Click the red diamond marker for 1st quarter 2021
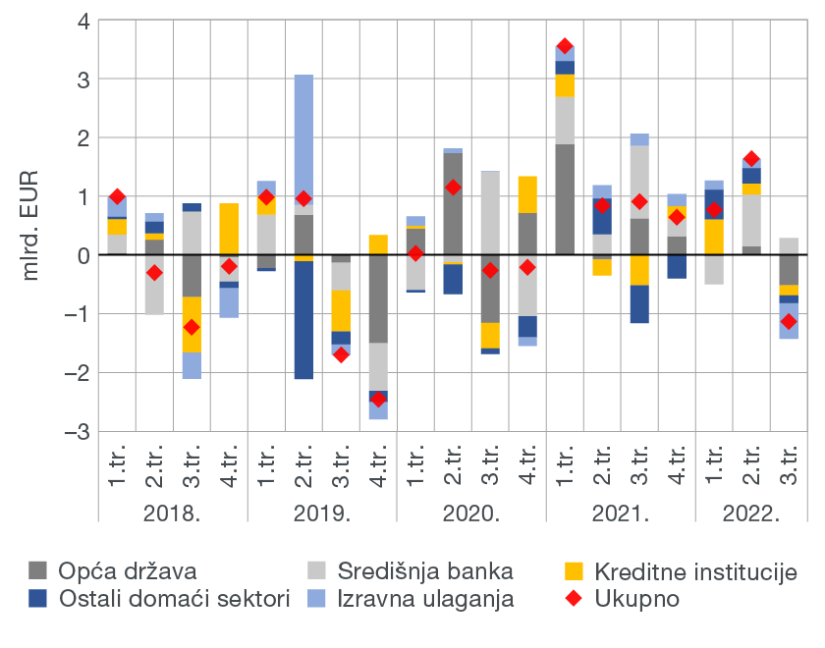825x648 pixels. (565, 46)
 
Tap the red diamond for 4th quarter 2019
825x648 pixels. (378, 399)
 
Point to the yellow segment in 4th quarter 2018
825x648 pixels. (229, 229)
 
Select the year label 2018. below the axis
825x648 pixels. (173, 513)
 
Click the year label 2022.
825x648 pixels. (751, 513)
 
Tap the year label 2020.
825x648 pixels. (471, 513)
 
